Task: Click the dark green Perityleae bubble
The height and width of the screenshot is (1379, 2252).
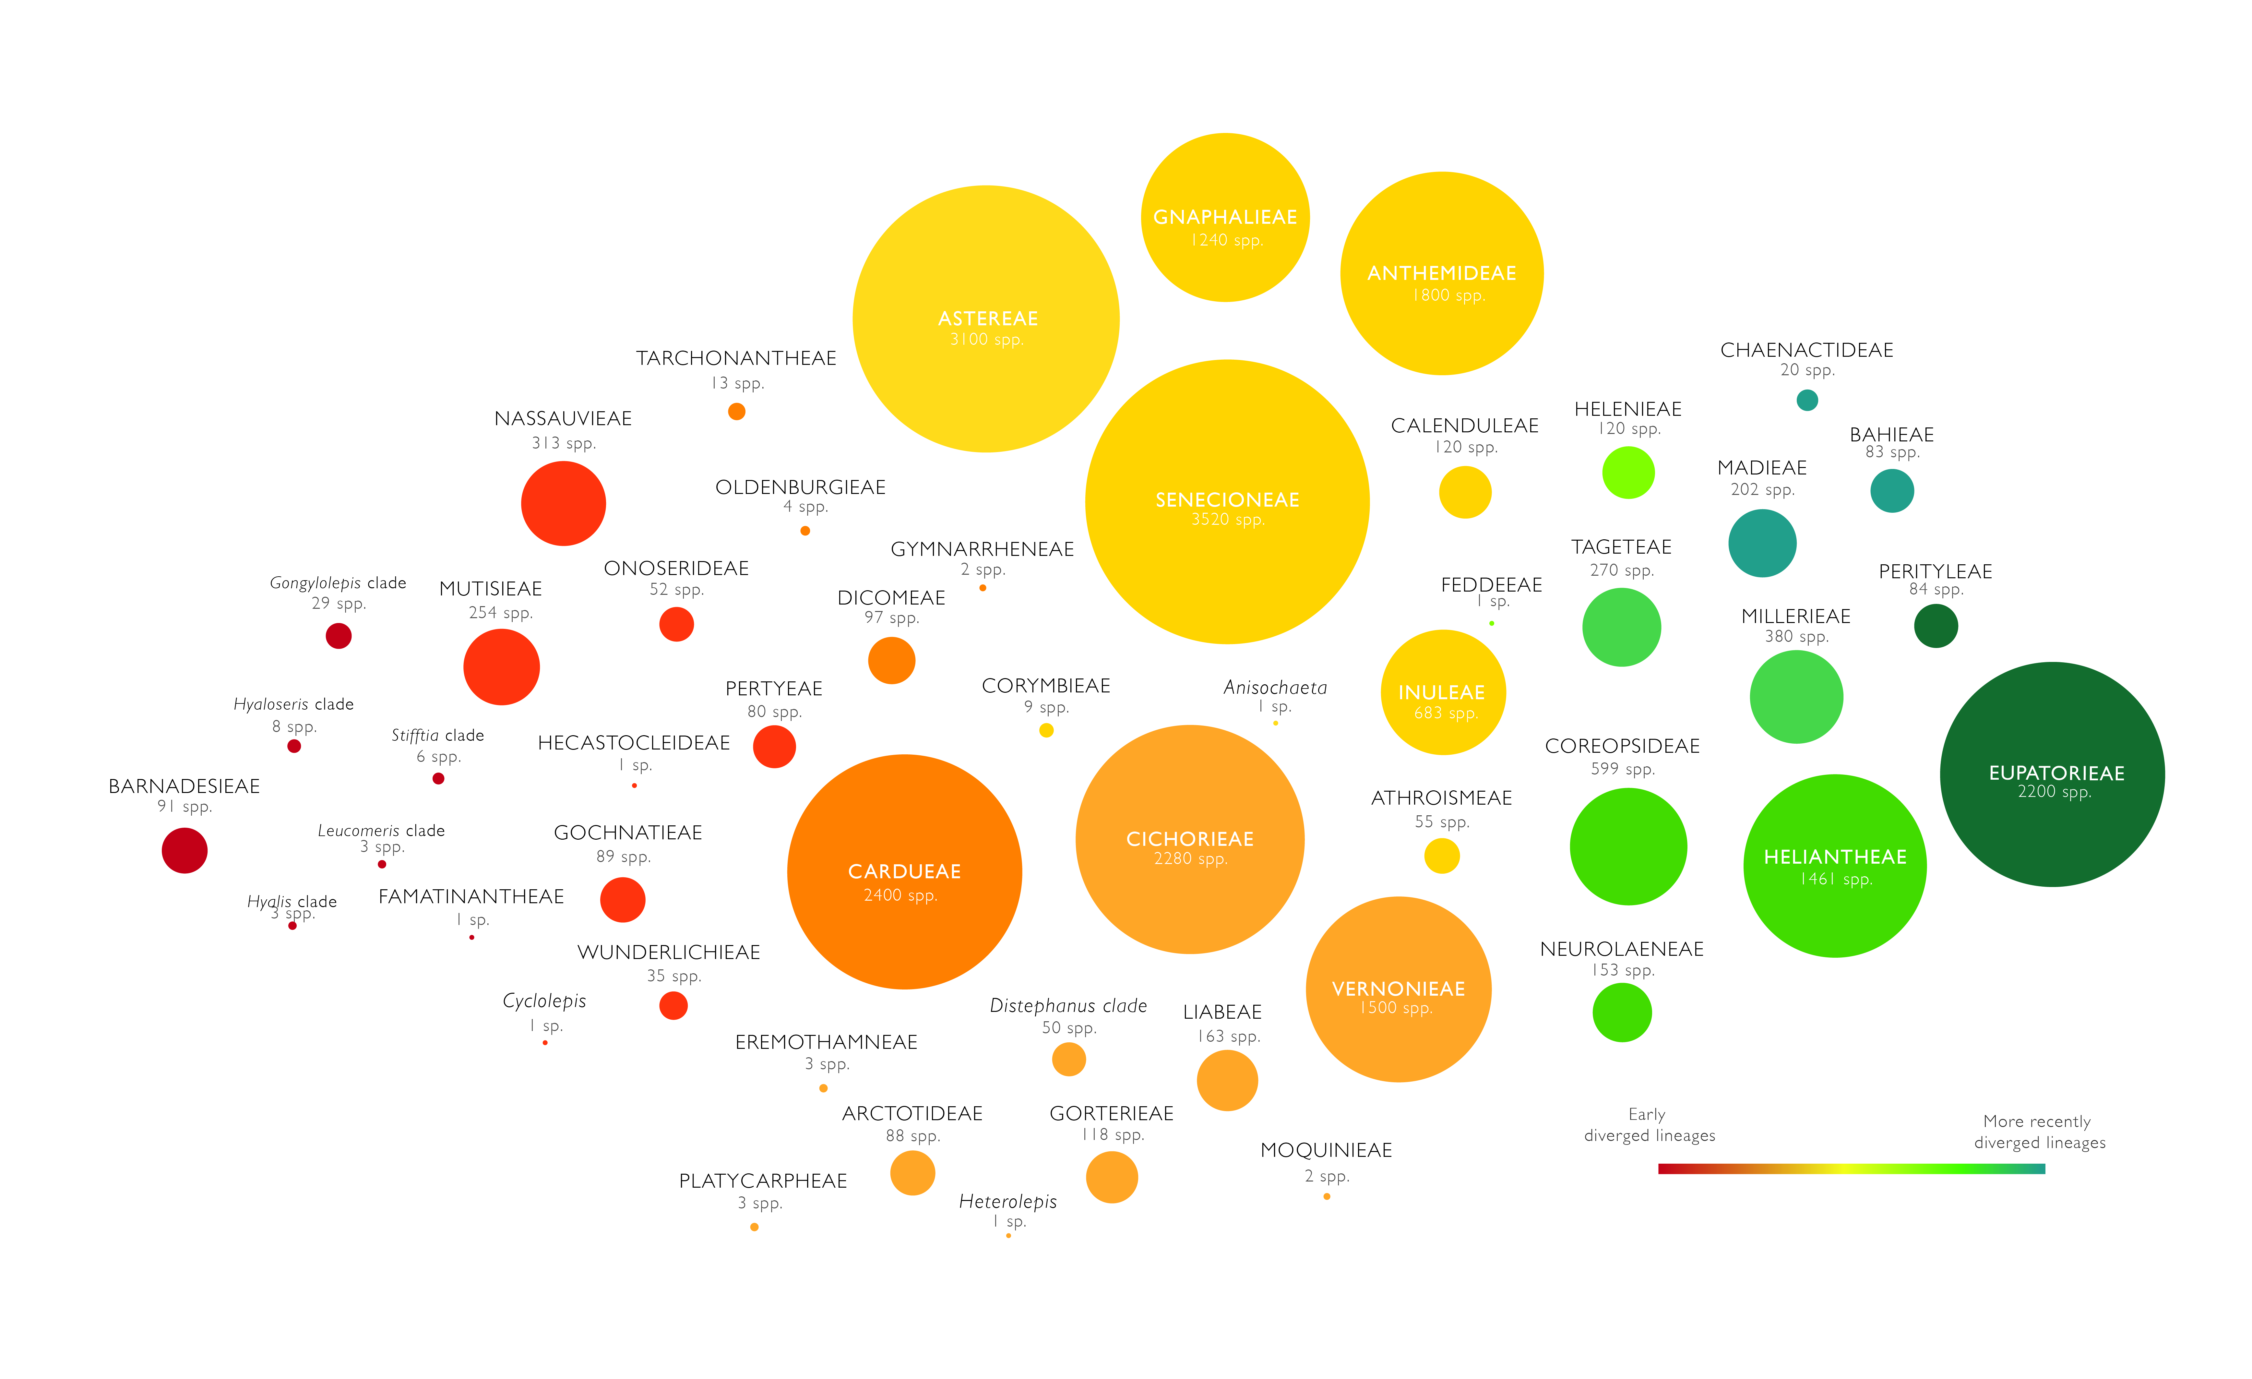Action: coord(1936,626)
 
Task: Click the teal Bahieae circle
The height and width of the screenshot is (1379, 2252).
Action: coord(1892,491)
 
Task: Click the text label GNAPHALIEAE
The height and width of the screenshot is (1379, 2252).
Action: coord(1225,218)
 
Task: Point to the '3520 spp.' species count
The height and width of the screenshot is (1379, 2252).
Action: coord(1227,520)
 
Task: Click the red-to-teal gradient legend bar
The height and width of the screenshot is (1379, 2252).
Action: coord(1851,1169)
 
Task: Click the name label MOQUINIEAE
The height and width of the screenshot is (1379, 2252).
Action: coord(1326,1151)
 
